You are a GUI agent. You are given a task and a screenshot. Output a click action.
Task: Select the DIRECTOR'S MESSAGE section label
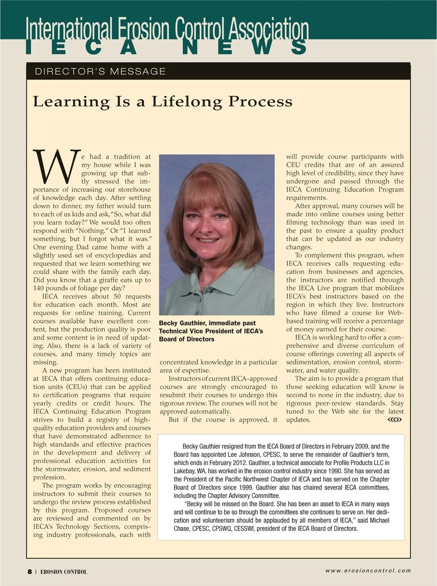tap(100, 71)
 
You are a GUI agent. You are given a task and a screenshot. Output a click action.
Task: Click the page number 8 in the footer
tap(30, 571)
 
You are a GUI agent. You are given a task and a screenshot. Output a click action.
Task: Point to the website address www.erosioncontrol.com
tap(368, 571)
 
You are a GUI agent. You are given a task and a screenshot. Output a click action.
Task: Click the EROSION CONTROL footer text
tap(64, 572)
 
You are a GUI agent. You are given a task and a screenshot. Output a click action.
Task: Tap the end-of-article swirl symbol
tap(394, 420)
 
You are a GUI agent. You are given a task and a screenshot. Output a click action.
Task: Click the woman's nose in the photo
tap(209, 229)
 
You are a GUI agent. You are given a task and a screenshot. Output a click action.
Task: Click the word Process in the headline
tap(260, 102)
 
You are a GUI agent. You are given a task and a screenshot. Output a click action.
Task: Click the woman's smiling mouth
tap(209, 240)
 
